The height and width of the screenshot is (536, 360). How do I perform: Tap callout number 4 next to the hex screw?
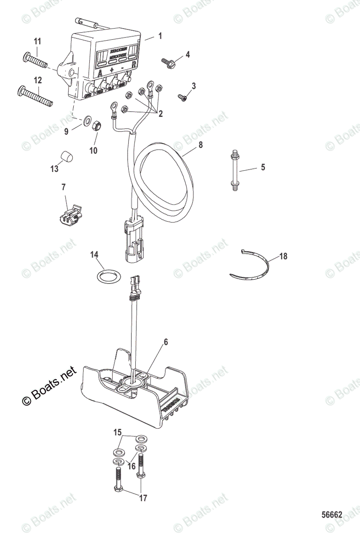(x=188, y=54)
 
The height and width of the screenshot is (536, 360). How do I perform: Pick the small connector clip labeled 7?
(x=69, y=214)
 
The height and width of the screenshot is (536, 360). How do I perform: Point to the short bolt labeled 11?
(x=34, y=59)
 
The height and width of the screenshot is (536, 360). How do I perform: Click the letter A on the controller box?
(x=100, y=71)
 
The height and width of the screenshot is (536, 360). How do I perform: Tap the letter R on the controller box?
(x=134, y=64)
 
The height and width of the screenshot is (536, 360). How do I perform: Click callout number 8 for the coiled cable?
(x=201, y=145)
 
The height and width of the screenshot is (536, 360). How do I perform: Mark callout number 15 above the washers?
(x=117, y=432)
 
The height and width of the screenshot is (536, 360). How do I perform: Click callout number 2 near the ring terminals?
(x=159, y=114)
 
